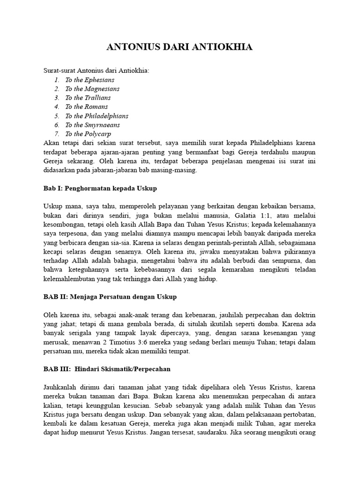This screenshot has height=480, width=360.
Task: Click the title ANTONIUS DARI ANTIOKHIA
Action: (180, 47)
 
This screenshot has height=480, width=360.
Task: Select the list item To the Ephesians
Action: (90, 80)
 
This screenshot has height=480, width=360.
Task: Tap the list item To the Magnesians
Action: (92, 89)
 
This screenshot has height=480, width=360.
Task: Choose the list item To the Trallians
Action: (88, 97)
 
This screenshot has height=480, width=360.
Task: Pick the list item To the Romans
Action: (86, 107)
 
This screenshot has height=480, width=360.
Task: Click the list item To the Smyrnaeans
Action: (92, 125)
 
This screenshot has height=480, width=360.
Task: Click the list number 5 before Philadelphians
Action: (56, 116)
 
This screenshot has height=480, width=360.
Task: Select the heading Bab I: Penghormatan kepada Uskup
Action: (100, 188)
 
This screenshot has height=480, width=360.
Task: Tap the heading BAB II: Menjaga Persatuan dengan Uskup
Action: (110, 297)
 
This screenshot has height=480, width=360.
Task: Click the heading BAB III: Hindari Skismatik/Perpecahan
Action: (107, 369)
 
